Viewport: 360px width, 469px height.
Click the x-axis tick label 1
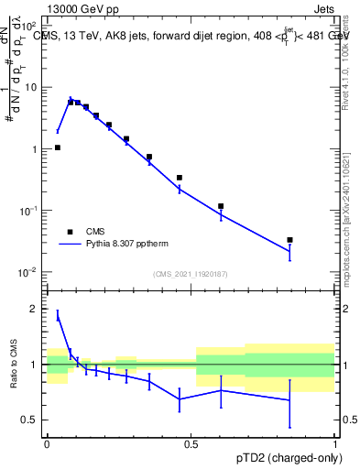click(x=335, y=442)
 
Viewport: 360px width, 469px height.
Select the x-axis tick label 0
click(x=47, y=442)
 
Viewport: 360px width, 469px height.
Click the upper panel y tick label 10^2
click(x=29, y=26)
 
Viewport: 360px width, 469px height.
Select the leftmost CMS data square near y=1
click(x=57, y=147)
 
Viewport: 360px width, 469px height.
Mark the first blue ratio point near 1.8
click(x=57, y=317)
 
